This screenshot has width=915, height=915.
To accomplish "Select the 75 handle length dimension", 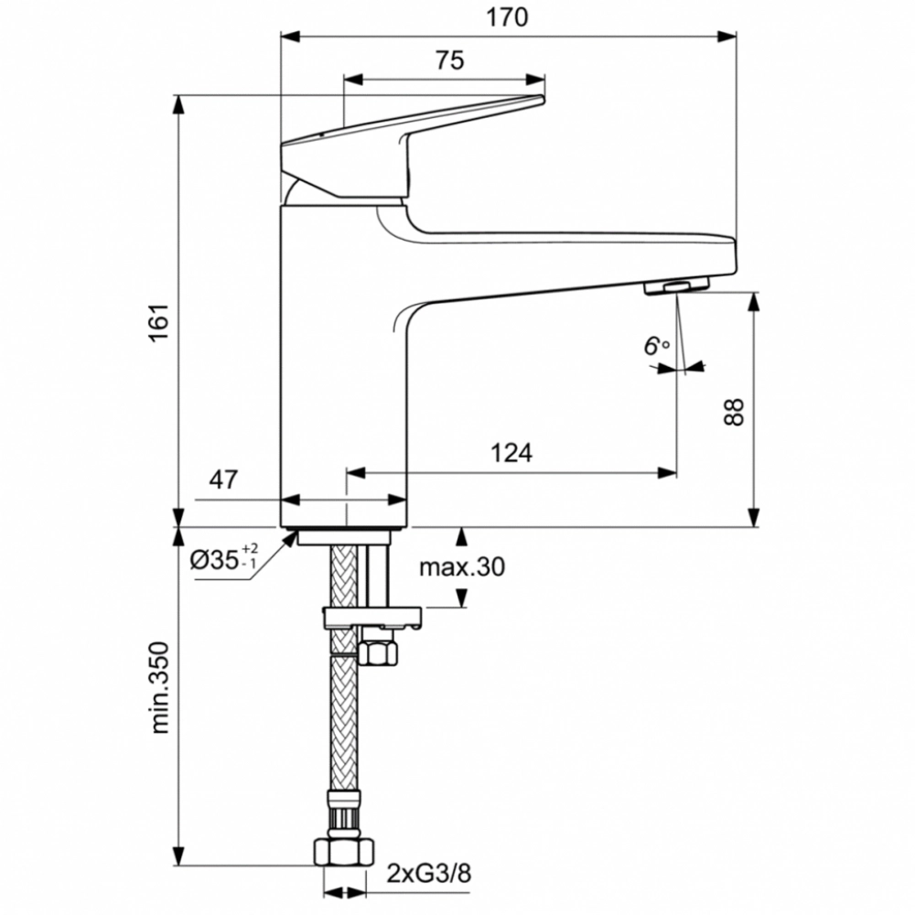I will [x=448, y=60].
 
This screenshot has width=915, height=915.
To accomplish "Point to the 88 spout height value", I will [x=732, y=411].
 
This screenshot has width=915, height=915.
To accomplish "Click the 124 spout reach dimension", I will [x=511, y=452].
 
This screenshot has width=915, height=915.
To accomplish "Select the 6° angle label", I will [x=656, y=346].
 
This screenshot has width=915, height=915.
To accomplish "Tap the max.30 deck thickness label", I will [x=462, y=567].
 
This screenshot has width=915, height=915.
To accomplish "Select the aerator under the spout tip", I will [x=678, y=287].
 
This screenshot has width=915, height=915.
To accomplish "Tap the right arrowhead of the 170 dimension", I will [x=728, y=37].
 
